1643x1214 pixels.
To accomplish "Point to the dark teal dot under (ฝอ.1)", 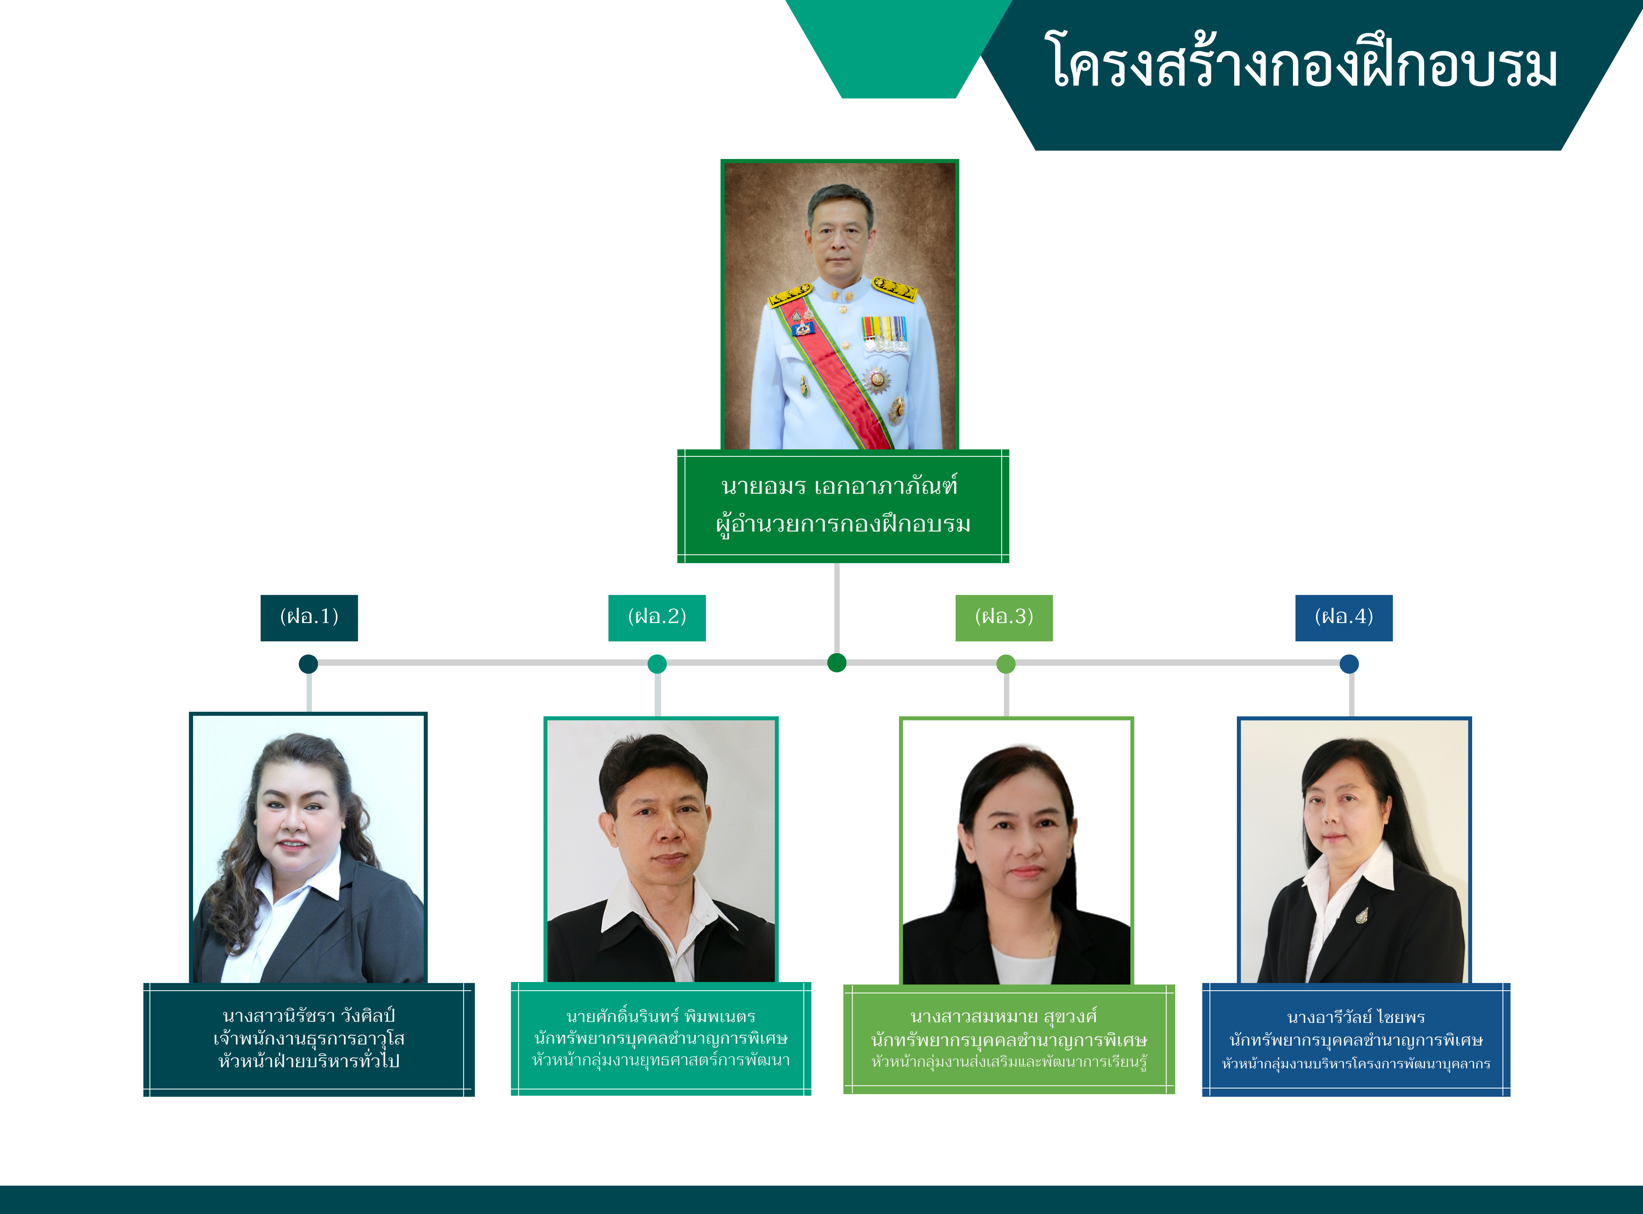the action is point(309,664).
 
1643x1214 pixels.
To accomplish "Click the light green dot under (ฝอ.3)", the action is point(1006,664).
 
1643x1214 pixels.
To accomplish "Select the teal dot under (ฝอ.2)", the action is point(657,664).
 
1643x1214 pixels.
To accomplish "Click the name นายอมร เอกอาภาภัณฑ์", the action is point(839,486).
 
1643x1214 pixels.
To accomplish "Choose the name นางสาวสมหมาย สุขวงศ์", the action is point(1004,1016).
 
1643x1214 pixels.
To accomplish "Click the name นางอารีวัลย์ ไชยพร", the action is point(1356,1017).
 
